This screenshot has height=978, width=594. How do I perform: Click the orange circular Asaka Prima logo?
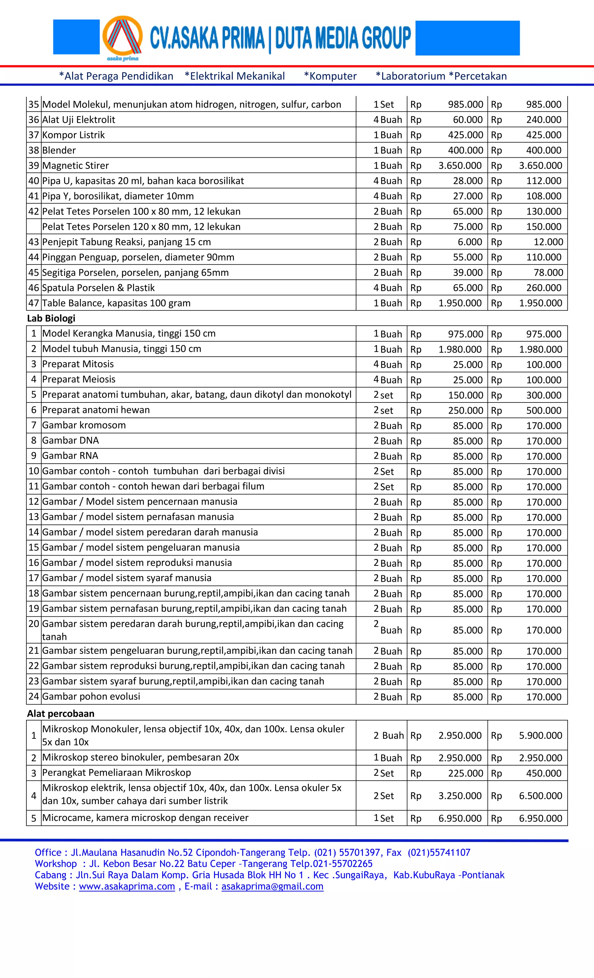[122, 38]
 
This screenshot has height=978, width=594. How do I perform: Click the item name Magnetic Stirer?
[75, 166]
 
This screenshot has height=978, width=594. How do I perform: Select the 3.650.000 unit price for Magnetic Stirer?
[460, 166]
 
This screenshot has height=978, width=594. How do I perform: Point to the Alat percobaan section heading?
[61, 713]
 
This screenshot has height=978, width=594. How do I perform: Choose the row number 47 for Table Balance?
[33, 303]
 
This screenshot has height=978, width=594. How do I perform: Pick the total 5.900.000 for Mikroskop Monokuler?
[540, 736]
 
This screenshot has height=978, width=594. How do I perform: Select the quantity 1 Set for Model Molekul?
[383, 104]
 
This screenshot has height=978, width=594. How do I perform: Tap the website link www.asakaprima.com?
[127, 886]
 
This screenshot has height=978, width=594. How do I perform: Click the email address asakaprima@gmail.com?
[272, 886]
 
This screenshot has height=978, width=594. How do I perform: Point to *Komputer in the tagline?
[330, 76]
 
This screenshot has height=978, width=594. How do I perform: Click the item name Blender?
[59, 150]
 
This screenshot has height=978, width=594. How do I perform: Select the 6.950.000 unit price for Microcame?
[460, 819]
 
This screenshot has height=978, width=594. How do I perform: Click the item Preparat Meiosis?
[79, 380]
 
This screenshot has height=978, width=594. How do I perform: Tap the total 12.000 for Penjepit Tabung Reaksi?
[548, 242]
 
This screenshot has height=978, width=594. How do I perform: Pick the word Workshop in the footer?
[56, 864]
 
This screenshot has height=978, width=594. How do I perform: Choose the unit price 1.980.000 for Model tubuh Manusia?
[460, 349]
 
